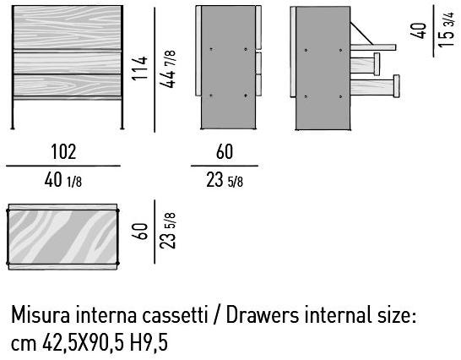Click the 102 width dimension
63,152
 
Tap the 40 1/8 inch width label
63,180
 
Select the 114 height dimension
139,68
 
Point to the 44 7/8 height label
168,69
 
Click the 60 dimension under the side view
225,152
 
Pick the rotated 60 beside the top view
139,232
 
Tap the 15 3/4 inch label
446,29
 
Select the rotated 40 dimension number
418,30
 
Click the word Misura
41,314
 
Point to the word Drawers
263,314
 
